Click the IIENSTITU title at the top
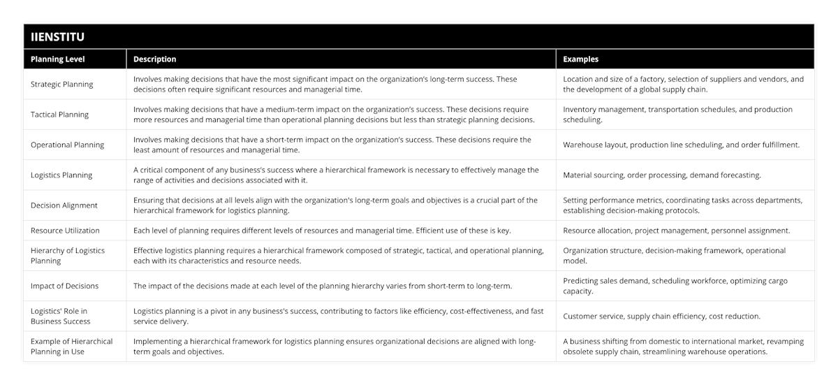[x=59, y=36]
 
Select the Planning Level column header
[x=57, y=59]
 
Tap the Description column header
[x=154, y=59]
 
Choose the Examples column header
[x=580, y=59]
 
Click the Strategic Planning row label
[x=62, y=85]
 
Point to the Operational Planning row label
[x=67, y=145]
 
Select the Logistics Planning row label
[x=61, y=175]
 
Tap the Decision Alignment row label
[x=64, y=205]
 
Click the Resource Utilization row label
[x=65, y=231]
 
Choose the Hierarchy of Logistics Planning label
[x=68, y=256]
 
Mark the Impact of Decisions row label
[x=64, y=286]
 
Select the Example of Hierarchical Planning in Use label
[x=71, y=347]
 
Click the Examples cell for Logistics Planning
[x=662, y=175]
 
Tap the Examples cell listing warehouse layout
[x=681, y=145]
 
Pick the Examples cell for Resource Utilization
[x=676, y=231]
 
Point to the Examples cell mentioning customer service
[x=661, y=317]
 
